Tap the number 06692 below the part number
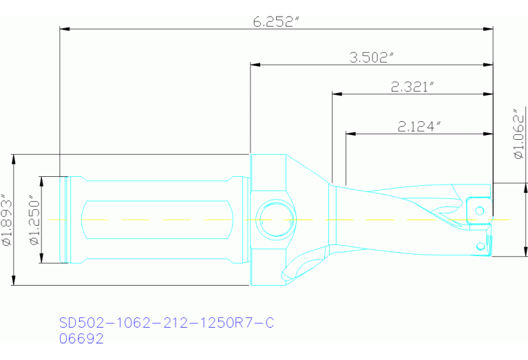(81, 339)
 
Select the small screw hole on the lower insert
(480, 245)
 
